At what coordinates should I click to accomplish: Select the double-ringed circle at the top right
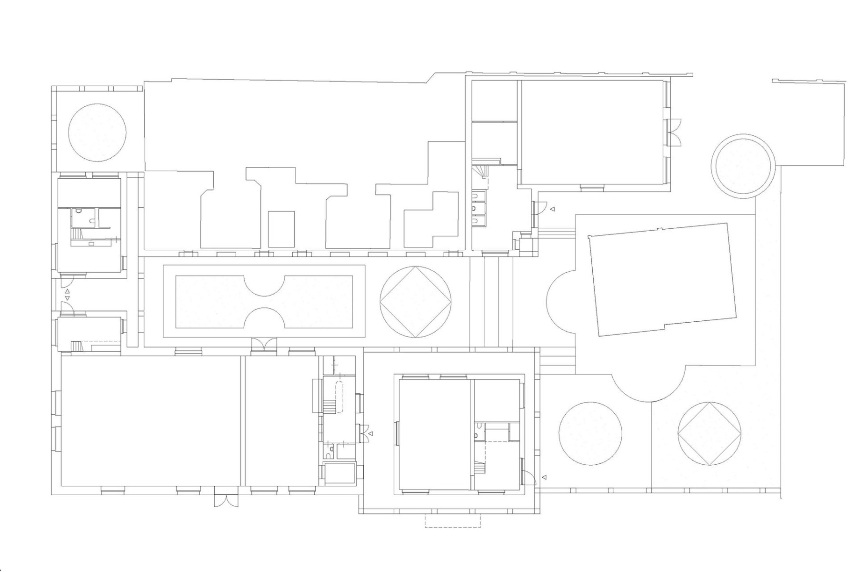(x=742, y=165)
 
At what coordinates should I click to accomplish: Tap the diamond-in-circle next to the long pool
(x=416, y=302)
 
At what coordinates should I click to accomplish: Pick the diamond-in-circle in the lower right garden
(x=709, y=434)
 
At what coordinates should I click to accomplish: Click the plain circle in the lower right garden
(x=590, y=434)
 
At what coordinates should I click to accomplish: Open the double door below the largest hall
(x=226, y=500)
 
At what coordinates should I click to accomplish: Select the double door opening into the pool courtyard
(x=264, y=344)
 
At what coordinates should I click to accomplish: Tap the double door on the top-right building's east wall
(x=676, y=132)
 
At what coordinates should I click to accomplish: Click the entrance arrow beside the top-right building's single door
(x=553, y=209)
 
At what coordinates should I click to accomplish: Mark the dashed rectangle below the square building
(x=452, y=521)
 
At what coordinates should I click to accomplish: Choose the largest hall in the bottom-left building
(x=150, y=421)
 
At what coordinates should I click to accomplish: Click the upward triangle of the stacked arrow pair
(x=68, y=291)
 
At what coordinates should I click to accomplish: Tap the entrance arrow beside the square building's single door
(x=544, y=477)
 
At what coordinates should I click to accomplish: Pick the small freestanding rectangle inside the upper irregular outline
(x=281, y=229)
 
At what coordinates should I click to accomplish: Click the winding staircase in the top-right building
(x=480, y=172)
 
